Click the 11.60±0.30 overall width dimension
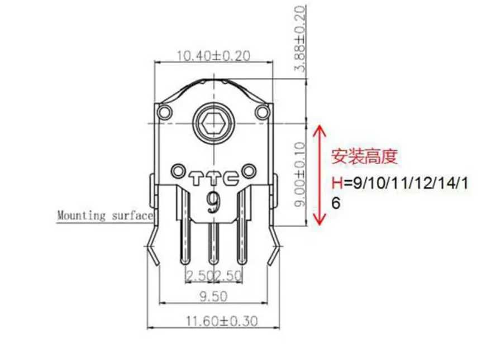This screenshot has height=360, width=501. coord(212,321)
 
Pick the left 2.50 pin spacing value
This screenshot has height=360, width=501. coord(198,275)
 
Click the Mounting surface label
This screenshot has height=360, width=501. coord(104,215)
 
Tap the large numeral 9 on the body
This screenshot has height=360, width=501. coord(213,201)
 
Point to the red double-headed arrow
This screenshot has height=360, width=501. coord(319,175)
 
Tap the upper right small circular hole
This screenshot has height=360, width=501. coord(261,113)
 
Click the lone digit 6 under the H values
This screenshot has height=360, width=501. coord(336,204)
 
